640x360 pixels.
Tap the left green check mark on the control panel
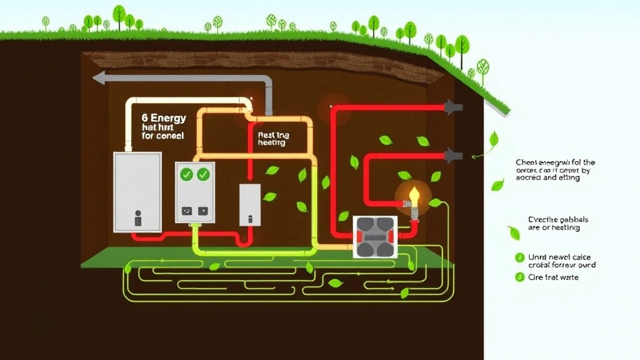tap(186, 174)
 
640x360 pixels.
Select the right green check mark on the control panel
tap(203, 174)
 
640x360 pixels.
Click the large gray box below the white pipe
tap(137, 190)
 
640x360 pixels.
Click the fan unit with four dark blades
tap(375, 237)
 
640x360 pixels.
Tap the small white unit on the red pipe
tap(250, 204)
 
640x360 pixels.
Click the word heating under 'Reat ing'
tap(271, 143)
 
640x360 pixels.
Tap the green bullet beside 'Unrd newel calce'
tap(519, 257)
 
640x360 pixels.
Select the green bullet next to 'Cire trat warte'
tap(519, 277)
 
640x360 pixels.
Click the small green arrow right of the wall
tap(474, 156)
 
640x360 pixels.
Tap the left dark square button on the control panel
tap(186, 211)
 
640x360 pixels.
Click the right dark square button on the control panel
tap(203, 211)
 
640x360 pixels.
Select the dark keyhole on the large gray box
tap(138, 219)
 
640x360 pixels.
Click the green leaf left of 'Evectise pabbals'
tap(514, 232)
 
